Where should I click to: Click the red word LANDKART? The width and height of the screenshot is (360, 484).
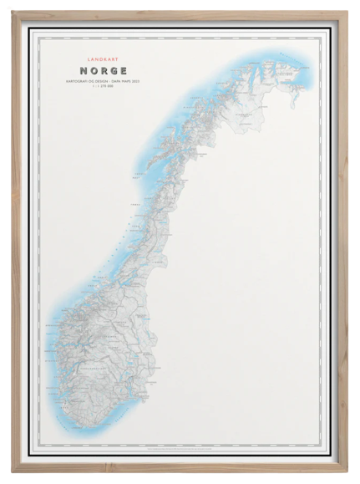(x=101, y=60)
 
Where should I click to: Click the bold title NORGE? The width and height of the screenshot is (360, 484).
(x=101, y=70)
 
